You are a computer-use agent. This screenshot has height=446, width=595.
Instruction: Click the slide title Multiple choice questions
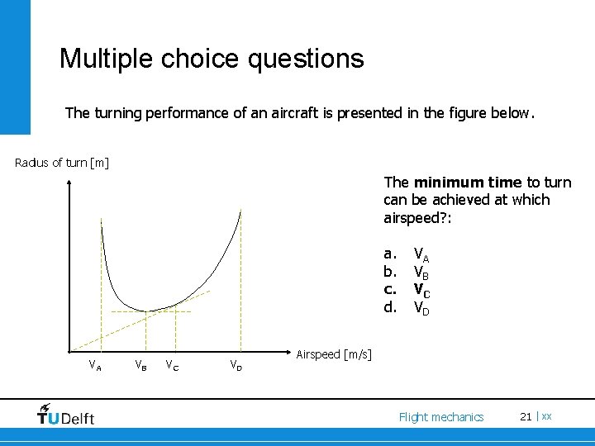click(212, 59)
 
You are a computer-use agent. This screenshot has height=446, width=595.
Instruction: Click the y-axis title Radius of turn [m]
click(62, 162)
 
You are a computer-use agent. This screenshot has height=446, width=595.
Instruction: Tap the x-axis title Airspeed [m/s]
click(334, 354)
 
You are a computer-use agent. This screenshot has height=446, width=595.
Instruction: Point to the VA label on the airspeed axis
click(96, 365)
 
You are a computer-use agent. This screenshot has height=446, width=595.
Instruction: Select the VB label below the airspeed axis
click(142, 365)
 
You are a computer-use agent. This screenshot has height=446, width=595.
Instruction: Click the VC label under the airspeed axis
click(169, 365)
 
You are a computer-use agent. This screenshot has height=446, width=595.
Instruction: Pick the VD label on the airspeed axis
click(236, 365)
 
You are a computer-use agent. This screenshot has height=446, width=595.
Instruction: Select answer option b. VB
click(405, 272)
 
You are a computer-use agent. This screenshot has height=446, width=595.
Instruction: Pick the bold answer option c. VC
click(405, 290)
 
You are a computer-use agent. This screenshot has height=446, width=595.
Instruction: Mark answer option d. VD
click(405, 308)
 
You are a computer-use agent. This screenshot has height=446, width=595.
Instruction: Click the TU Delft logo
click(66, 415)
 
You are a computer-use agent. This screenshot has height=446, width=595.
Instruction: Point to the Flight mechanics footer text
click(440, 417)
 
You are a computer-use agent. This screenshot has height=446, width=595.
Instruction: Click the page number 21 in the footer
click(526, 416)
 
